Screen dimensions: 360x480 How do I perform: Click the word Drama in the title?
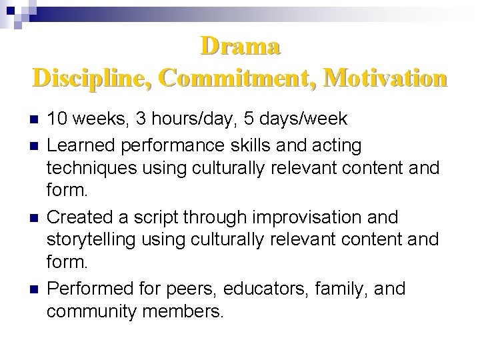pos(240,47)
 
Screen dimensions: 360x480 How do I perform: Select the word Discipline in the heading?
pos(92,78)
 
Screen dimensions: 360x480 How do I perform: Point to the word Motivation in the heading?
pos(388,78)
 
